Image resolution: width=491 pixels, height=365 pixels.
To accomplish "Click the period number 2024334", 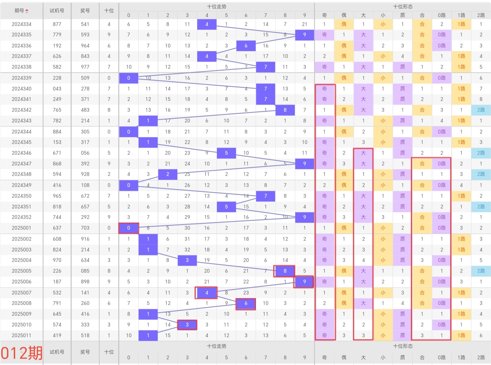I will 22,24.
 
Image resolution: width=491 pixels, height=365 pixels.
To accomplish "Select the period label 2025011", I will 22,335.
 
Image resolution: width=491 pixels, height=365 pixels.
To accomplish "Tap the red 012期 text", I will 22,353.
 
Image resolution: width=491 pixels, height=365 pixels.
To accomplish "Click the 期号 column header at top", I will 19,11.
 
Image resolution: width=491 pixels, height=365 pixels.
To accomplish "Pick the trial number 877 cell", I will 57,24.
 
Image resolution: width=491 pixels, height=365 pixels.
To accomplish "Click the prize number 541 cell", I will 85,24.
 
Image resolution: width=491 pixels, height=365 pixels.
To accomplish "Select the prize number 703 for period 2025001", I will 85,228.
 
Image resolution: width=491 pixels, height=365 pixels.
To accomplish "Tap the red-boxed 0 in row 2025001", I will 128,228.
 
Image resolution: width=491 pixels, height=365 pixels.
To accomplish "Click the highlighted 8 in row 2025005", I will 285,271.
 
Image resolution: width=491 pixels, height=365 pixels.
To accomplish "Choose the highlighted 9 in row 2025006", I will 304,281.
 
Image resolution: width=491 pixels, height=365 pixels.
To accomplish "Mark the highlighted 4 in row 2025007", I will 206,293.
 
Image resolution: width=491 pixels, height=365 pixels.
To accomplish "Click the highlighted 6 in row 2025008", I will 246,303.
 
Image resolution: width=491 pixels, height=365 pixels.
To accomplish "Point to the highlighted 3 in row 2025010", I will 187,324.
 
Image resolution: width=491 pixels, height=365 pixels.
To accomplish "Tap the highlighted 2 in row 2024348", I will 167,174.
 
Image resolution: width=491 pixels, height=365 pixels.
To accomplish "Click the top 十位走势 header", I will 216,6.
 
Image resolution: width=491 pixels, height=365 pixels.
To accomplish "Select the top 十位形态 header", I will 403,6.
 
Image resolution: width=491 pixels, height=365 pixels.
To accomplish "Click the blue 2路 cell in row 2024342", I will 481,110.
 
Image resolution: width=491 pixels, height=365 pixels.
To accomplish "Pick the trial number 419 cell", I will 57,335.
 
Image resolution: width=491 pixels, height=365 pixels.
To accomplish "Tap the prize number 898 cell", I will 85,281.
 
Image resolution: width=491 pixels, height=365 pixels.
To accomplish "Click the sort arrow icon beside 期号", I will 27,11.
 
